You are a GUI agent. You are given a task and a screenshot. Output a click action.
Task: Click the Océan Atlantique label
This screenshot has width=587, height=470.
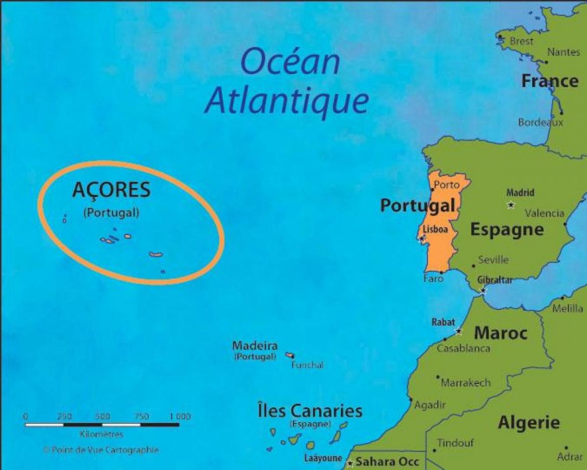[x=287, y=82]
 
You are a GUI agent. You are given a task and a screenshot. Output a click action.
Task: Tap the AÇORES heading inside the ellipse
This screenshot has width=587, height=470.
[x=112, y=190]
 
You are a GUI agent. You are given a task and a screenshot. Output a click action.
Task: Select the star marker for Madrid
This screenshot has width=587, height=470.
[x=511, y=205]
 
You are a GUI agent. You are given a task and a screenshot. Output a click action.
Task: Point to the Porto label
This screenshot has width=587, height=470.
[x=446, y=185]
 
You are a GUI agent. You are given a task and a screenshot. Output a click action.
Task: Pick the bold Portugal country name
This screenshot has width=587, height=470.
[x=417, y=205]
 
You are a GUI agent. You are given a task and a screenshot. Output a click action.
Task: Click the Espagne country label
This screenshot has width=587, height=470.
[x=506, y=230]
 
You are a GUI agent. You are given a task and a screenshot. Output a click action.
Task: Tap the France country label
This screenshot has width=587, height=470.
[x=550, y=81]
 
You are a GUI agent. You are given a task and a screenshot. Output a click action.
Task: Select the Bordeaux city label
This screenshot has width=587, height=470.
[x=541, y=122]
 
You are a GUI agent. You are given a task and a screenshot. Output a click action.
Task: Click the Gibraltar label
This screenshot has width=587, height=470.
[x=495, y=280]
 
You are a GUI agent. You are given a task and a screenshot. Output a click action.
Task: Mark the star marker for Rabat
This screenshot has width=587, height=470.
[x=459, y=331]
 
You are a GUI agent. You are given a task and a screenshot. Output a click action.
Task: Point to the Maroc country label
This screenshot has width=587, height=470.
[x=500, y=333]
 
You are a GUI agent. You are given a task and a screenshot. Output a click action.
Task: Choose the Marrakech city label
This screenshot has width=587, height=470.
[x=466, y=382]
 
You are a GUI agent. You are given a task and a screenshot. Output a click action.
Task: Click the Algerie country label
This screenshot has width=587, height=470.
[x=529, y=423]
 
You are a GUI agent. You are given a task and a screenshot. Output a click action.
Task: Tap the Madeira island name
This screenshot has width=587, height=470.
[x=255, y=346]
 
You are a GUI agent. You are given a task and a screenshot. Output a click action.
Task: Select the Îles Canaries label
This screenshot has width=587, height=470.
[x=310, y=411]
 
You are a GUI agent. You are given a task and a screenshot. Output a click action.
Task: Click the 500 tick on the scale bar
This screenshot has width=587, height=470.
[x=102, y=416]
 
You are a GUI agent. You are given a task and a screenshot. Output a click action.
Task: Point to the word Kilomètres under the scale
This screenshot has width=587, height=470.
[x=101, y=435]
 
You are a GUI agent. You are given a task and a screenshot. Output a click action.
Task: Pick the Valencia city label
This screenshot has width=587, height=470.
[x=544, y=213]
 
